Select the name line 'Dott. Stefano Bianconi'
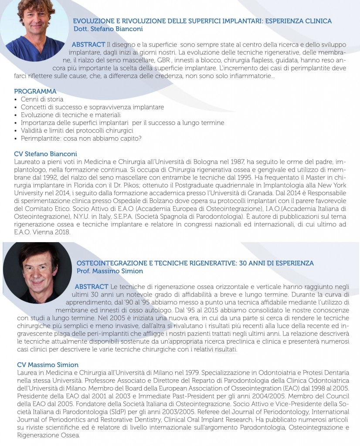tap(109, 29)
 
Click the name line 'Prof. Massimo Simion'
tap(109, 271)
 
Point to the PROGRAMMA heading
tap(35, 91)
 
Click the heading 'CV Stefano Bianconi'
tap(45, 154)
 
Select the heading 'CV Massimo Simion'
tap(48, 365)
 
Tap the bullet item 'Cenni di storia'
tap(42, 99)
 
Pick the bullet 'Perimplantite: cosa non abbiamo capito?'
tap(81, 139)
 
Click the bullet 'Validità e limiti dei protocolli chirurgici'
tap(77, 131)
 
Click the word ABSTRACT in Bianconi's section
tap(88, 45)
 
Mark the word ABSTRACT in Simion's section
tap(92, 287)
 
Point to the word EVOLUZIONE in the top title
tap(93, 21)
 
